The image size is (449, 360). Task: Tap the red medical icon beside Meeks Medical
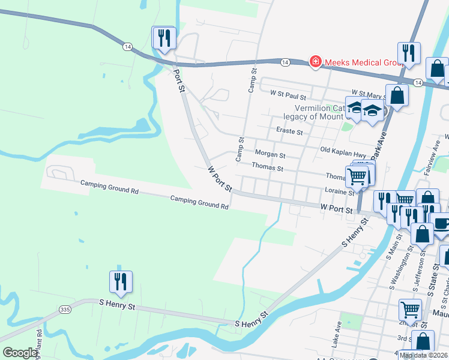click(x=315, y=61)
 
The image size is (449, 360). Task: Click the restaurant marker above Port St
click(x=164, y=38)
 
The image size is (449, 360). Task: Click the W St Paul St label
click(x=288, y=95)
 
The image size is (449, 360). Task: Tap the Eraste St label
click(x=289, y=130)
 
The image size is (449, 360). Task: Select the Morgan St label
click(x=270, y=154)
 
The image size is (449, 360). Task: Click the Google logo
click(x=20, y=353)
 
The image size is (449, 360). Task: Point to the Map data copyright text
click(x=423, y=355)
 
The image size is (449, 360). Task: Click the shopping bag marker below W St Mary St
click(x=397, y=95)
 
